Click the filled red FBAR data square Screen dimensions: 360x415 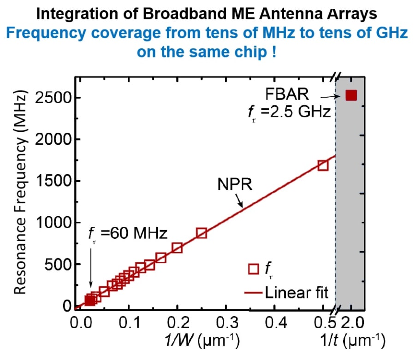click(x=351, y=95)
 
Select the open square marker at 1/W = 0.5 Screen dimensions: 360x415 click(x=323, y=165)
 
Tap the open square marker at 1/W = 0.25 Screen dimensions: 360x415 click(x=202, y=233)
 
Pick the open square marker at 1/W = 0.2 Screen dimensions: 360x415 click(x=177, y=248)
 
